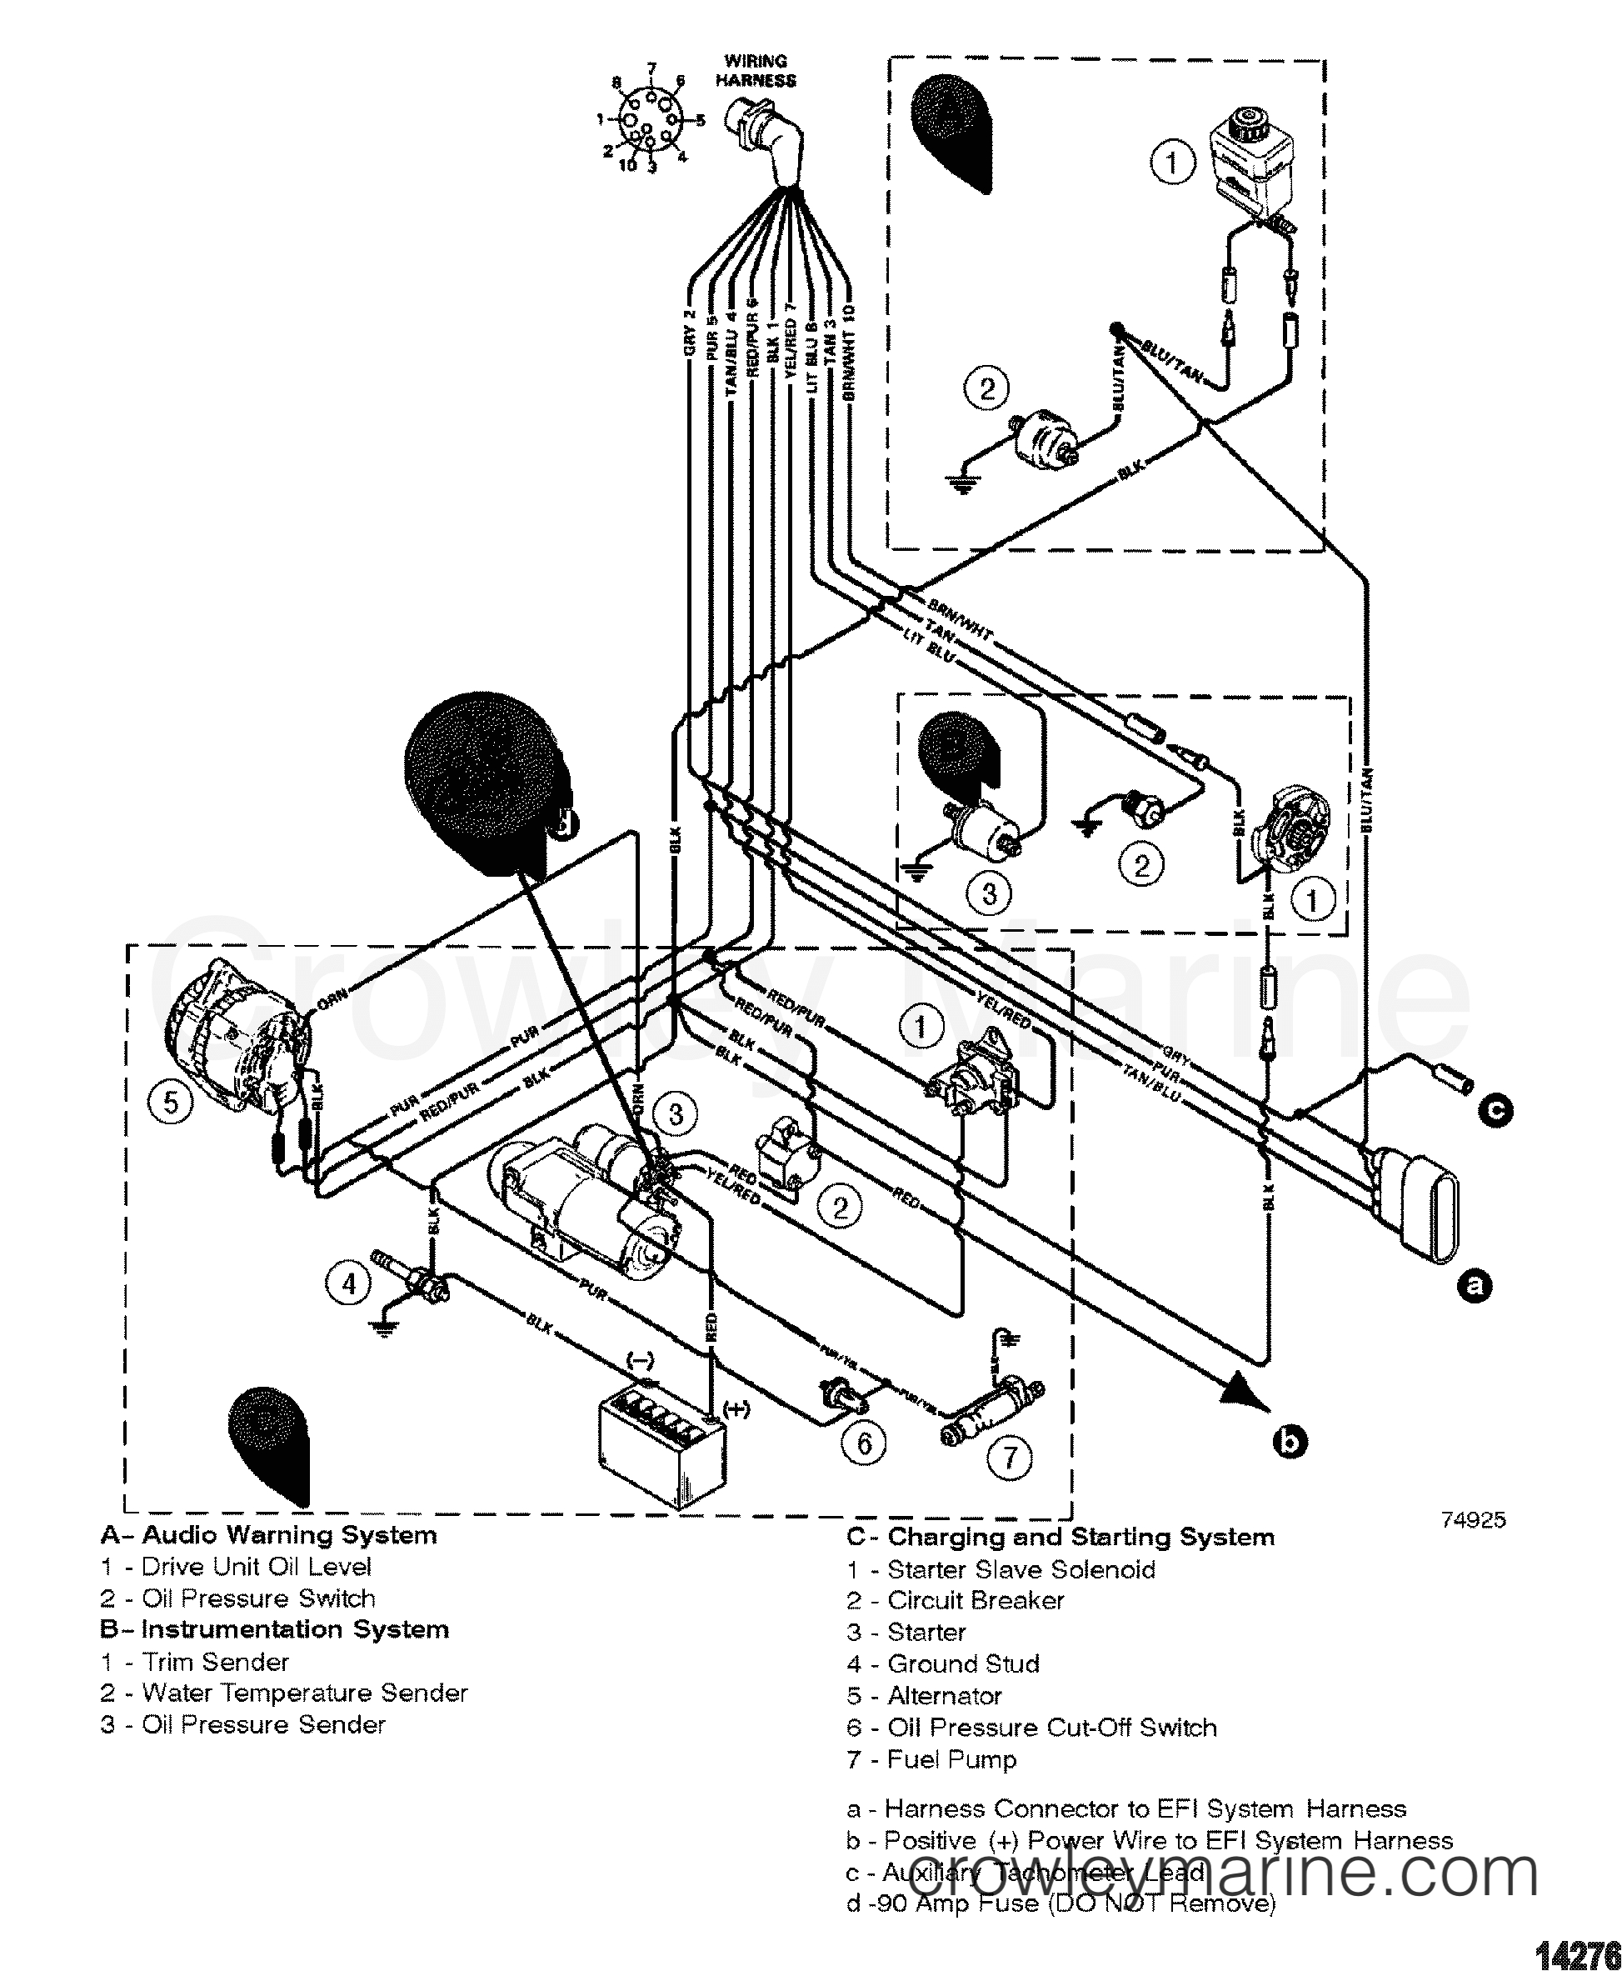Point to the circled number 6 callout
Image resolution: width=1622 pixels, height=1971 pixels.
pos(864,1444)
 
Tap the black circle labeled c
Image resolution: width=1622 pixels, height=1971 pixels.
pos(1495,1110)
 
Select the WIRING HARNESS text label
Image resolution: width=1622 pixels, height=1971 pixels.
pos(756,71)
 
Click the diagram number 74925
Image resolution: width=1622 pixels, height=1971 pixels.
pos(1474,1520)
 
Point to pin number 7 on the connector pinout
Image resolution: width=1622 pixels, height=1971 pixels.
pos(652,68)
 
